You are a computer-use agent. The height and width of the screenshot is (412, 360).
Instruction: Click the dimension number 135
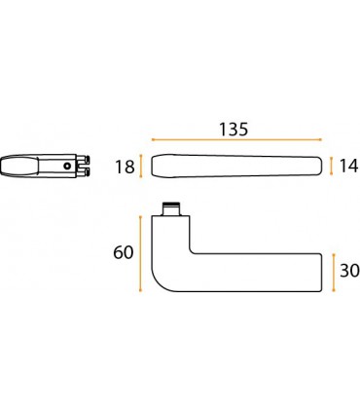coord(234,130)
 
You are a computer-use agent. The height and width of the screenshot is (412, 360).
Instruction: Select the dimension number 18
coord(125,168)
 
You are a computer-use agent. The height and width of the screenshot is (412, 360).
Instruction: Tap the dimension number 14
coord(349,167)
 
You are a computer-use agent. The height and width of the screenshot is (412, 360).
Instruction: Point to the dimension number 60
coord(124,252)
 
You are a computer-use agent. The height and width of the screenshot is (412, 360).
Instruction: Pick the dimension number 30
coord(349,271)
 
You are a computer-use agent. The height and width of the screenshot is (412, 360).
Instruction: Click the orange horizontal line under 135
coord(236,140)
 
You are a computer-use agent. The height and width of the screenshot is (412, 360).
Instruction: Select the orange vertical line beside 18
coord(141,167)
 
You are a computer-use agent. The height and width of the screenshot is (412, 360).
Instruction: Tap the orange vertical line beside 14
coord(332,166)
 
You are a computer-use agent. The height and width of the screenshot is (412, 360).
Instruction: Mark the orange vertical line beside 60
coord(141,253)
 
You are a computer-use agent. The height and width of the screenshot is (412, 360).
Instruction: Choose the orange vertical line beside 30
coord(334,273)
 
